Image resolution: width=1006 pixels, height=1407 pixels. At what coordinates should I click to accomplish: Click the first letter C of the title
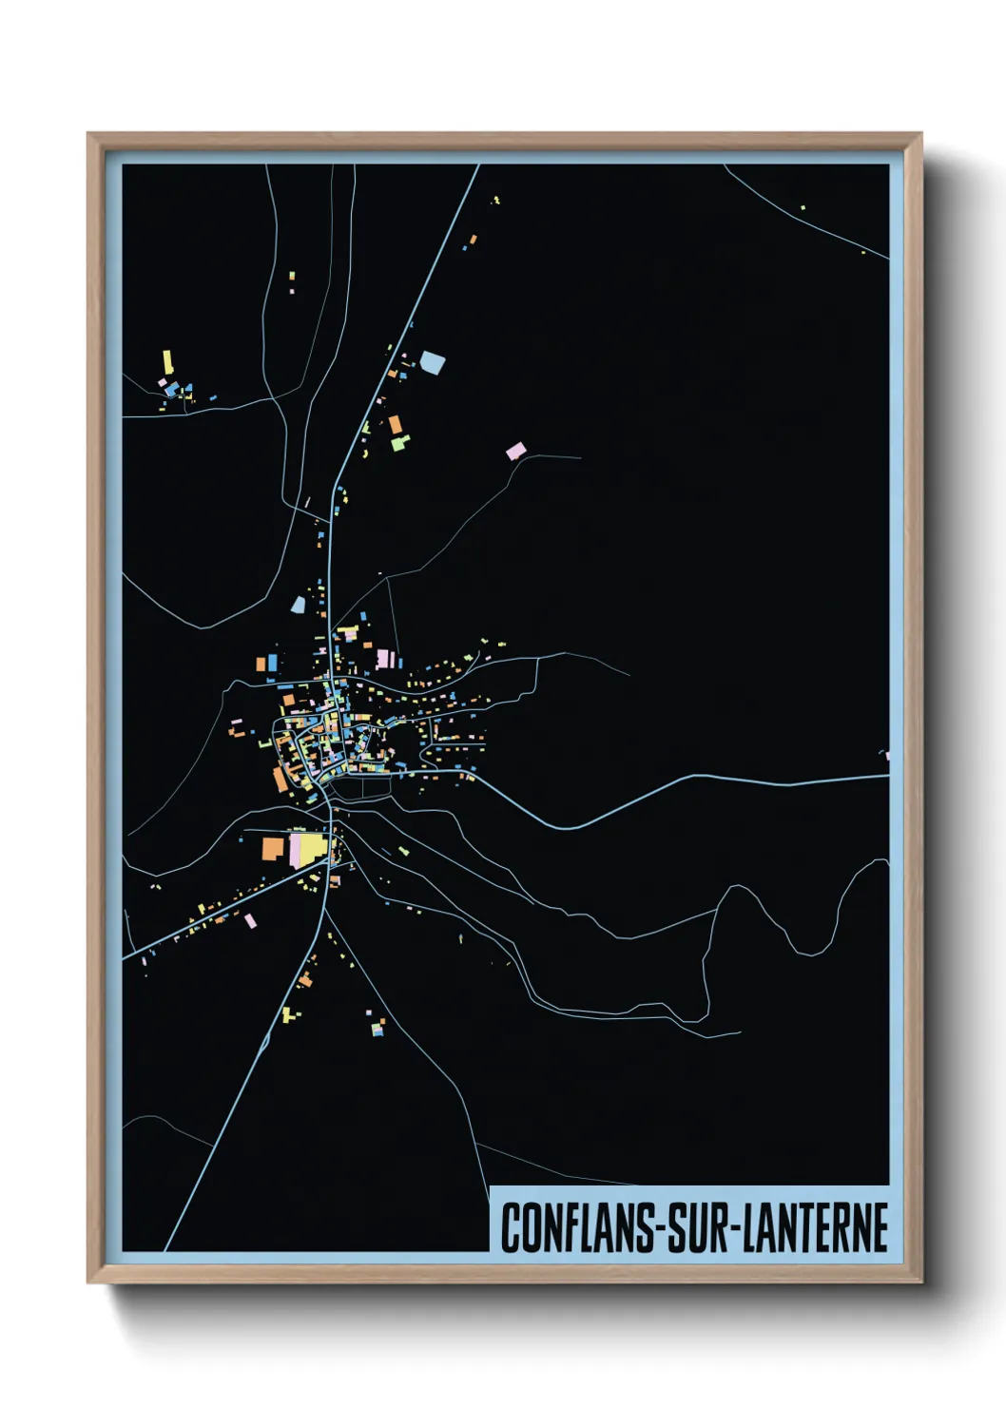(511, 1227)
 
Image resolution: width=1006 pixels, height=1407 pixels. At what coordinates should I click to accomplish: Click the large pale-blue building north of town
(433, 362)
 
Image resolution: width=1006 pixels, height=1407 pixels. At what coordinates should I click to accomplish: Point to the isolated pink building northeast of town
(514, 451)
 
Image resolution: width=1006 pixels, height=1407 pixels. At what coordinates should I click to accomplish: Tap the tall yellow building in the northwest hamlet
(168, 362)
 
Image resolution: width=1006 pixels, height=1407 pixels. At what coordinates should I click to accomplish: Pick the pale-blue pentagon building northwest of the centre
(299, 605)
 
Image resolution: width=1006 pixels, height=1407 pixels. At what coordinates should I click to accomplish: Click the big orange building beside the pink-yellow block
(274, 848)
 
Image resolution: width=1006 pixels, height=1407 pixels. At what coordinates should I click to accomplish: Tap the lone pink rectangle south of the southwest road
(250, 920)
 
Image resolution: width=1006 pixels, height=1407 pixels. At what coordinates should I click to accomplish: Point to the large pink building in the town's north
(384, 658)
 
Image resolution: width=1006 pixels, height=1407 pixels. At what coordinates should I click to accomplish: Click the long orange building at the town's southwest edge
(280, 779)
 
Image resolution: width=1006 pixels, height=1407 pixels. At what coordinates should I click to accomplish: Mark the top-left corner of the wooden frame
(89, 135)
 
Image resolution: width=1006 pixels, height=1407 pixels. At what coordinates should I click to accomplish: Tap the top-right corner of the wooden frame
(920, 135)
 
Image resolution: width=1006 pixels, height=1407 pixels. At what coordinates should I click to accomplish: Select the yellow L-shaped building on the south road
(287, 1014)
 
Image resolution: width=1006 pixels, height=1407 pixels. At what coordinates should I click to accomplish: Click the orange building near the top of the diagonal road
(473, 240)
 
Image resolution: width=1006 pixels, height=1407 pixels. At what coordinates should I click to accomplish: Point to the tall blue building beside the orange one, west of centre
(273, 662)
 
